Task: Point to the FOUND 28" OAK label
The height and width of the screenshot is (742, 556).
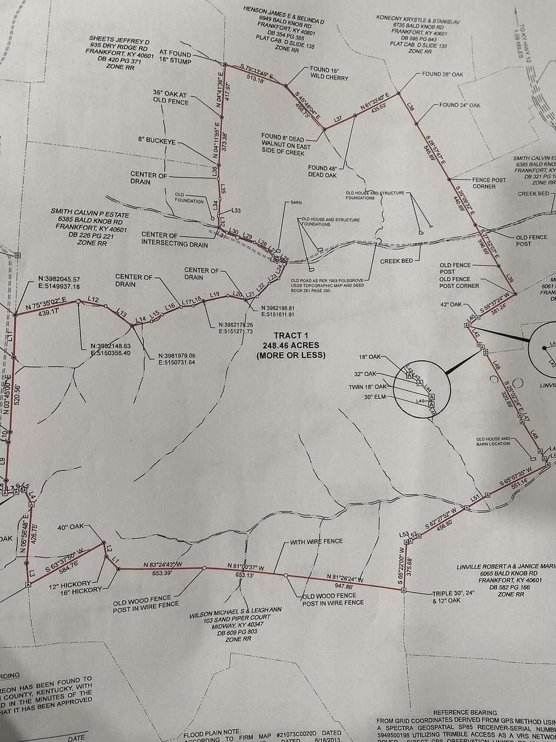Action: click(443, 75)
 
